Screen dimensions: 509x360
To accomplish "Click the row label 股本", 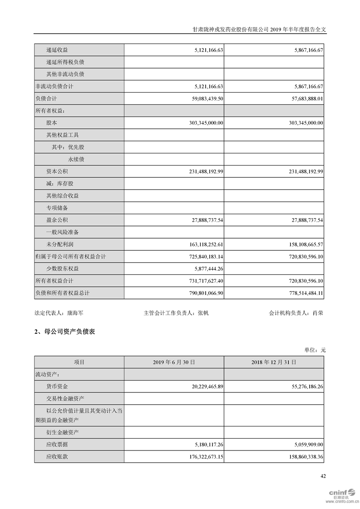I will pos(52,123).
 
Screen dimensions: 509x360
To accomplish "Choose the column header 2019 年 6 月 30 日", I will pos(174,362).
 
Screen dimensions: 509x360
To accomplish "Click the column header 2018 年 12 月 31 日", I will pos(274,362).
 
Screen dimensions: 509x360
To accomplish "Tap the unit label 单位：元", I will pos(315,350).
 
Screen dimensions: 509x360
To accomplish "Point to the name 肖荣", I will pos(318,313).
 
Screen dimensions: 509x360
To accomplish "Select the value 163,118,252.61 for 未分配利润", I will pos(198,245).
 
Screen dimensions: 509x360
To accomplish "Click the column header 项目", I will pos(79,362).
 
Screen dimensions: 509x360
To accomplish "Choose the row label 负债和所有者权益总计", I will pos(63,293).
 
